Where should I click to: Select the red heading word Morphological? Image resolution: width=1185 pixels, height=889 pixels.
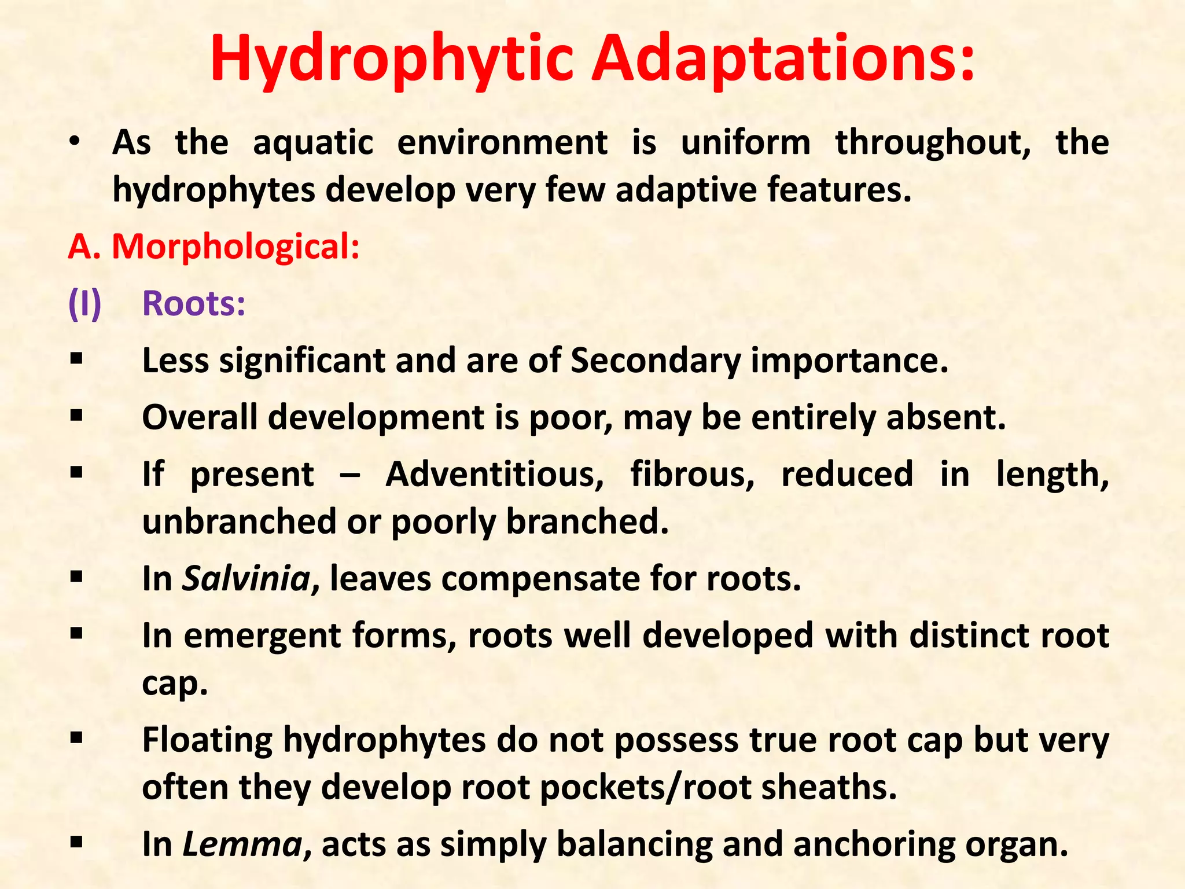[235, 247]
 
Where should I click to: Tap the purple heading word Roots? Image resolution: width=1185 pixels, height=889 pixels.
[194, 303]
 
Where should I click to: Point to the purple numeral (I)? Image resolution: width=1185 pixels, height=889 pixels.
[84, 303]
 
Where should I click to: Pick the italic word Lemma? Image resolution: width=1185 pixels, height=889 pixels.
[242, 844]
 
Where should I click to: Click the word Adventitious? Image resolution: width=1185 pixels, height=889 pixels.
[495, 474]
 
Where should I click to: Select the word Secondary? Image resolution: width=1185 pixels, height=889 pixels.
[656, 360]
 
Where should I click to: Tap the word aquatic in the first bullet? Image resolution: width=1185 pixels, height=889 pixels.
[313, 142]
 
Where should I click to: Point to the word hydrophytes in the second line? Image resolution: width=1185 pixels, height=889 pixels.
[214, 190]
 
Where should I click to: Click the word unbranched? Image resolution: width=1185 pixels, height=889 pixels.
[239, 521]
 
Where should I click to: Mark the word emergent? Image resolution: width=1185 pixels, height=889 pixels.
[263, 635]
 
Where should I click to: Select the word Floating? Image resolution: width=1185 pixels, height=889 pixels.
[208, 740]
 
